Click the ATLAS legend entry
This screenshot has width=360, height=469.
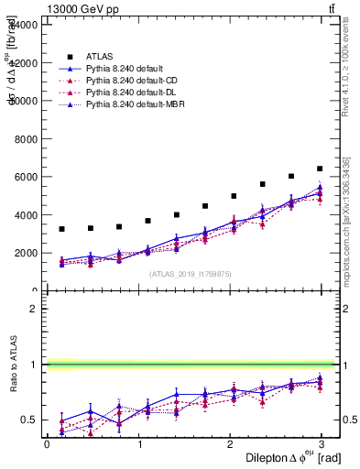[x=99, y=56]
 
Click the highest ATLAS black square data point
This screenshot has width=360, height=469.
[x=320, y=169]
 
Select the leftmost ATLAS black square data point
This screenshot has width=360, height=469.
[x=61, y=229]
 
